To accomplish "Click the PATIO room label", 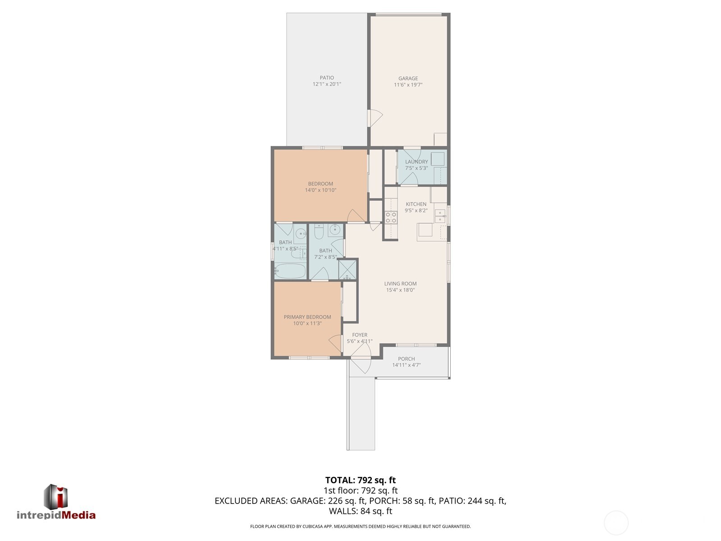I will tap(327, 78).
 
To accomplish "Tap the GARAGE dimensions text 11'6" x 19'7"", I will tap(408, 85).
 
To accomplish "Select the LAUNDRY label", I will tap(416, 162).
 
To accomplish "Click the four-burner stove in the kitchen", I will tap(391, 218).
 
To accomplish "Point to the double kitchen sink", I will tap(440, 216).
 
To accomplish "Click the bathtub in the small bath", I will tap(290, 271).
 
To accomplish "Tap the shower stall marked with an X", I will tap(347, 269).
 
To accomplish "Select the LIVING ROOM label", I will tap(400, 284).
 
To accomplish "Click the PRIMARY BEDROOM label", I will tap(307, 317).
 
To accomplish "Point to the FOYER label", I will tap(360, 335).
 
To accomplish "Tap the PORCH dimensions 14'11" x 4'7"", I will tap(406, 365).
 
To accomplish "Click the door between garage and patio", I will tap(375, 118).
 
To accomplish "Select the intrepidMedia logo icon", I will tap(55, 497).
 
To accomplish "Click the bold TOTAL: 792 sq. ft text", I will tap(360, 480).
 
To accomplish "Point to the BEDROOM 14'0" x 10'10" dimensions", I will tap(320, 190).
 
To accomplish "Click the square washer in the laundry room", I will tap(437, 159).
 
